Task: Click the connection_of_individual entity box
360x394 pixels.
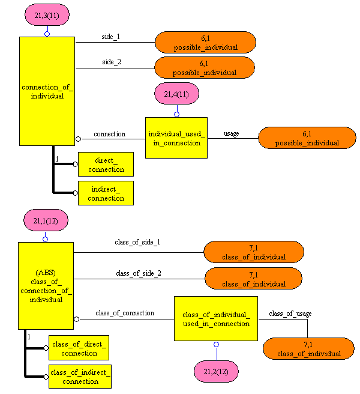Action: click(x=47, y=91)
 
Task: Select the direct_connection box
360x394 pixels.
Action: click(x=106, y=165)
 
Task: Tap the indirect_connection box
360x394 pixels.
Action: click(x=106, y=193)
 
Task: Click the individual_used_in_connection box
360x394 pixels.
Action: click(x=176, y=138)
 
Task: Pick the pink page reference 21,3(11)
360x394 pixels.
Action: click(x=47, y=15)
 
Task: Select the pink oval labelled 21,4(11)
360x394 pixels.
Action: click(x=176, y=94)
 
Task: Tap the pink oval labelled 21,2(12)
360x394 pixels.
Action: click(x=216, y=371)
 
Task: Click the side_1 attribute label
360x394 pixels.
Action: click(x=111, y=37)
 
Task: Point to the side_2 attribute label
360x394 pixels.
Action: click(x=111, y=62)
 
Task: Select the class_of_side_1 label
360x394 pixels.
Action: click(x=137, y=242)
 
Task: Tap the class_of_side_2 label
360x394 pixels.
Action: click(x=138, y=273)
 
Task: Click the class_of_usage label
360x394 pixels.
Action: click(x=290, y=314)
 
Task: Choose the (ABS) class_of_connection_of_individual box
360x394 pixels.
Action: click(x=46, y=285)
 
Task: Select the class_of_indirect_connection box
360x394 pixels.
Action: click(x=80, y=377)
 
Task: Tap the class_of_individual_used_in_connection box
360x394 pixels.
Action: click(x=216, y=319)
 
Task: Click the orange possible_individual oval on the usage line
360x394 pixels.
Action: click(x=307, y=138)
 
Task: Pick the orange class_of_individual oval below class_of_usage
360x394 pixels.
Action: click(x=308, y=349)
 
